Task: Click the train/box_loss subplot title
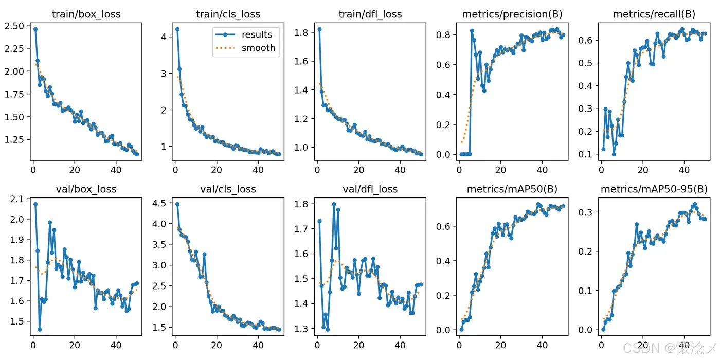[x=86, y=14]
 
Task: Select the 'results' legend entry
[x=257, y=34]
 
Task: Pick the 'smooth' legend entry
[x=259, y=48]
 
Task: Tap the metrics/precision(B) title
[x=511, y=14]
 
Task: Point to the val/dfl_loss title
[x=369, y=189]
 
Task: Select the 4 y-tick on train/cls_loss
[x=164, y=37]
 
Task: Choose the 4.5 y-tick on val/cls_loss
[x=160, y=203]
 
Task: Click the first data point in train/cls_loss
[x=177, y=29]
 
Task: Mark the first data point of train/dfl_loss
[x=319, y=29]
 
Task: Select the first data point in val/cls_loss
[x=177, y=204]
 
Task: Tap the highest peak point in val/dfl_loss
[x=334, y=204]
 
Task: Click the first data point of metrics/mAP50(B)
[x=461, y=329]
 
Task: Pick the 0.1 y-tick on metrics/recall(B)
[x=588, y=154]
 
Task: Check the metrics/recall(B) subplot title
[x=653, y=14]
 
